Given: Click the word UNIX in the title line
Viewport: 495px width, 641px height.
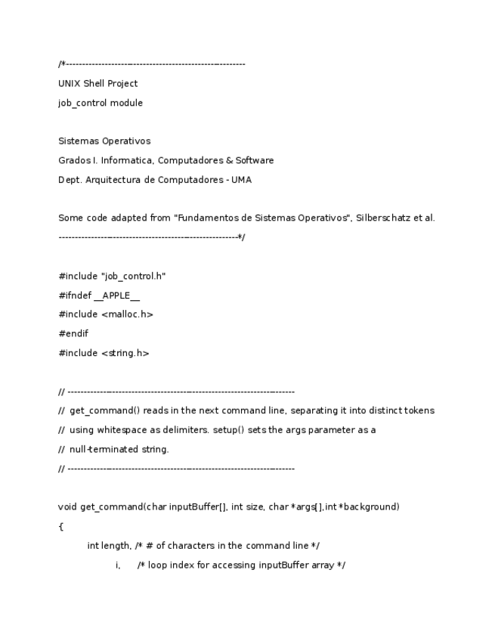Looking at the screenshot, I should pyautogui.click(x=70, y=84).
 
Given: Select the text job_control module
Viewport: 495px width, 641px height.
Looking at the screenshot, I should pyautogui.click(x=100, y=103).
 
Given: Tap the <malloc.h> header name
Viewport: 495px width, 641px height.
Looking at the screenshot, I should pyautogui.click(x=126, y=314).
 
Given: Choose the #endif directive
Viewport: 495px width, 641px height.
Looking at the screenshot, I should pyautogui.click(x=73, y=333).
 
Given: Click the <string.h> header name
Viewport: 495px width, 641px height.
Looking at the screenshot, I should pyautogui.click(x=125, y=353).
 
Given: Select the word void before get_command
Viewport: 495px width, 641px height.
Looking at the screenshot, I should pyautogui.click(x=68, y=506).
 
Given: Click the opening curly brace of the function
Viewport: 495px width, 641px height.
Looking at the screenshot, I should pyautogui.click(x=60, y=526).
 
